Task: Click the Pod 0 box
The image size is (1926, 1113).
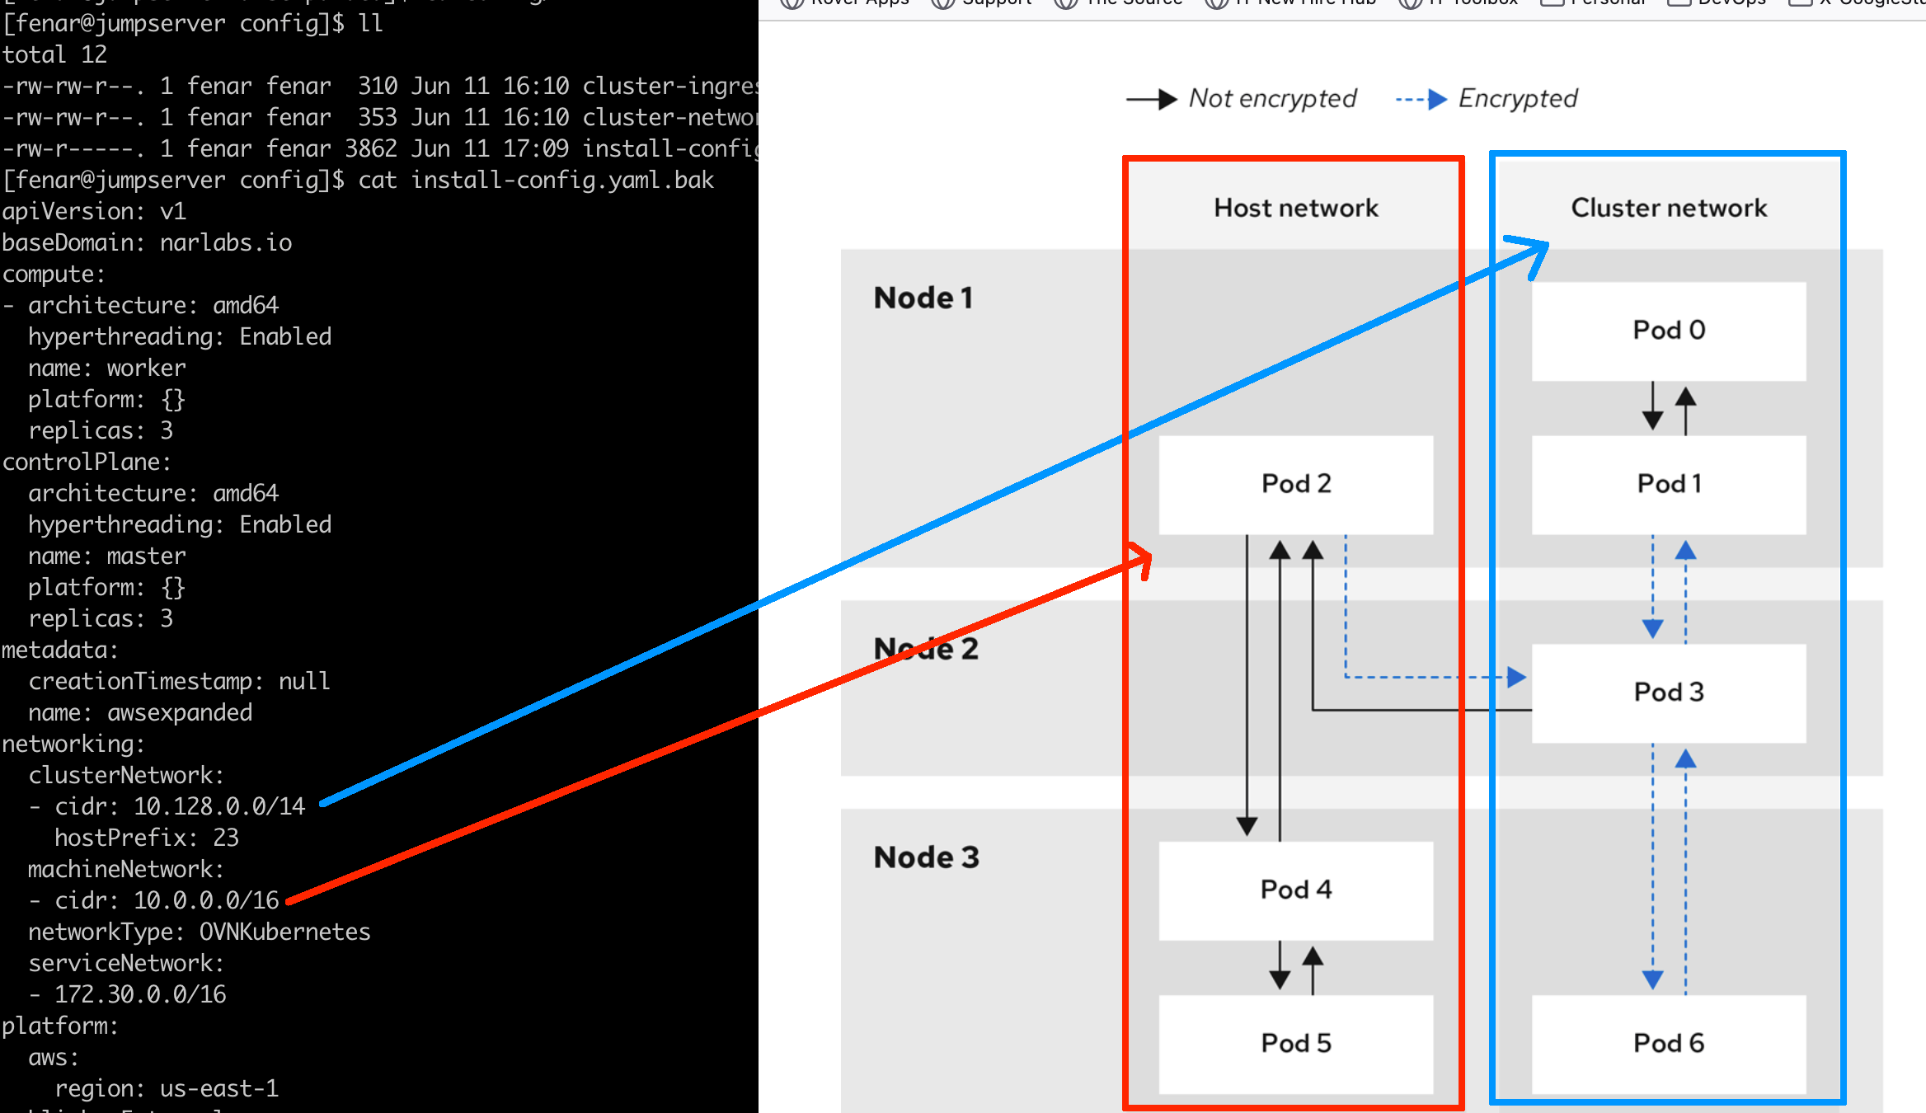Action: pos(1669,331)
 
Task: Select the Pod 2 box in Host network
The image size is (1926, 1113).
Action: pos(1295,484)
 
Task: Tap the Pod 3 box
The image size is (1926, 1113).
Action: pos(1669,693)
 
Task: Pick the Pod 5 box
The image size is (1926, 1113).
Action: pos(1295,1043)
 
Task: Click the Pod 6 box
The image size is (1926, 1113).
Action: pos(1669,1043)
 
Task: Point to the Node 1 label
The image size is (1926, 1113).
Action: pos(923,298)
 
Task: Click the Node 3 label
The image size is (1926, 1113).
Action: pos(927,857)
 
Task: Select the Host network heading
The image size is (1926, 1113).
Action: pos(1295,208)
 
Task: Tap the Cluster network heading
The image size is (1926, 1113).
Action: pos(1669,208)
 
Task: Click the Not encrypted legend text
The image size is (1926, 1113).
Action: pos(1272,99)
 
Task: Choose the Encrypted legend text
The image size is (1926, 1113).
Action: pos(1517,99)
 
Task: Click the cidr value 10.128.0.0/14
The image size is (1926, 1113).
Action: pos(219,806)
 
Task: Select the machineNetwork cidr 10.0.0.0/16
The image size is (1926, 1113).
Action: pos(206,900)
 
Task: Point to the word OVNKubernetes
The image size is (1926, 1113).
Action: pos(284,932)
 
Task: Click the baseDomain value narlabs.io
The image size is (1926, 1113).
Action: pos(226,242)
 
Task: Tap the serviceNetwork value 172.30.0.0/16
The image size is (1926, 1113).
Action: pos(140,994)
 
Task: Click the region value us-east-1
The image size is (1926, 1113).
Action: pos(219,1088)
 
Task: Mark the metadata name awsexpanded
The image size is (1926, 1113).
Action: pos(180,712)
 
